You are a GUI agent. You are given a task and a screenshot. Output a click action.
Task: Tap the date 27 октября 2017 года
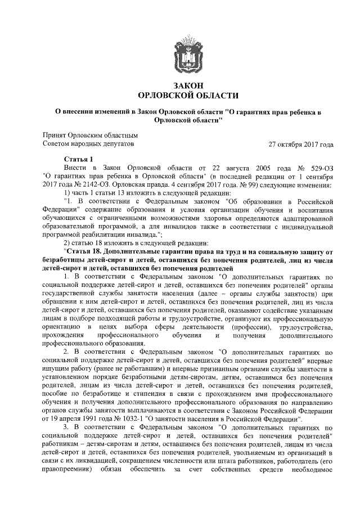click(301, 145)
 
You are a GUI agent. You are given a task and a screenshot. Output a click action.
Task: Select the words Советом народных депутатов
click(89, 145)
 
